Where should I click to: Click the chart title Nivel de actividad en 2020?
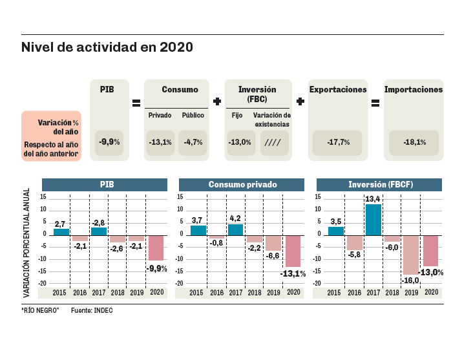point(107,48)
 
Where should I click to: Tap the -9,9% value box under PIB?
point(109,142)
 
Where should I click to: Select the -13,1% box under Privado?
point(160,142)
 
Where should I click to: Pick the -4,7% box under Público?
point(192,142)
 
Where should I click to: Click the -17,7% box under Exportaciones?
point(339,142)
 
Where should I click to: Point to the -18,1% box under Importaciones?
point(414,142)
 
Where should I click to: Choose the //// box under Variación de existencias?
point(275,142)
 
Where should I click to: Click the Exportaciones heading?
point(338,90)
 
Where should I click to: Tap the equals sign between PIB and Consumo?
point(136,102)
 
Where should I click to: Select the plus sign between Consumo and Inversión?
point(217,102)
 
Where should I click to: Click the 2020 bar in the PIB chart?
point(156,248)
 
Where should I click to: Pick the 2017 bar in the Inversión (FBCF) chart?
point(373,219)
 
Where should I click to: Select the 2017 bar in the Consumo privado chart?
point(235,229)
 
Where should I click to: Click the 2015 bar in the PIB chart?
point(61,231)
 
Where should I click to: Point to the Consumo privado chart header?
point(242,184)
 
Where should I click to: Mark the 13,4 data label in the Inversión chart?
point(373,199)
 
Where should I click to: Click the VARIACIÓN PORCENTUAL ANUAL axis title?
point(27,242)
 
